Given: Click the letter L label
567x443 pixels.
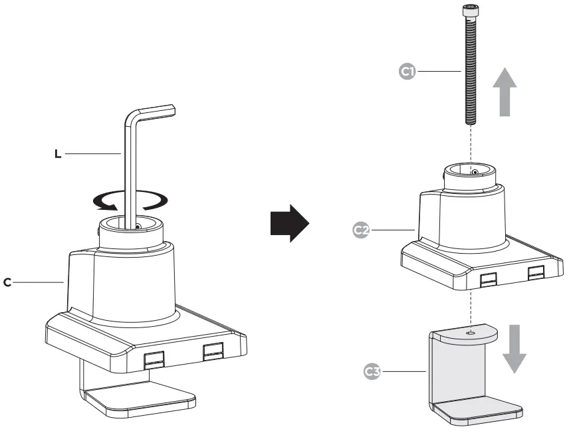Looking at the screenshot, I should pyautogui.click(x=58, y=154).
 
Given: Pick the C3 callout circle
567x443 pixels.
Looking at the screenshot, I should pyautogui.click(x=374, y=371).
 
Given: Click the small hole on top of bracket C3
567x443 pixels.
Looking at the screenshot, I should pyautogui.click(x=471, y=330).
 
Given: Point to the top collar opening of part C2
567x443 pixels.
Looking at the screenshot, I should pyautogui.click(x=470, y=171).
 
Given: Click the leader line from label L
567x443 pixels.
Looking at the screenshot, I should pyautogui.click(x=93, y=154).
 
